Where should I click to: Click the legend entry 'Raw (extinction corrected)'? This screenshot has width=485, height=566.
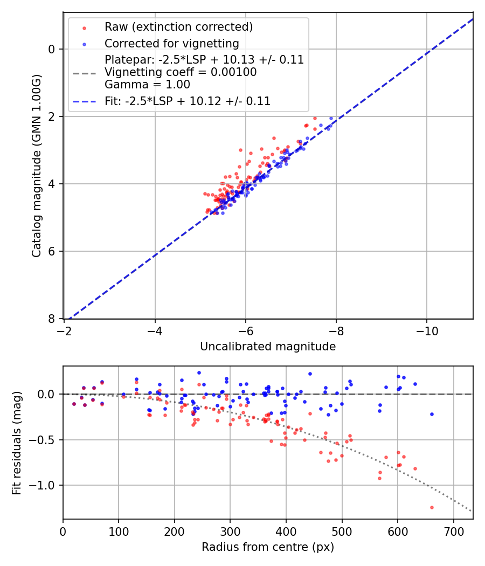pos(178,27)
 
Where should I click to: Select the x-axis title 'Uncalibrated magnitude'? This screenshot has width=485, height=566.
pos(268,347)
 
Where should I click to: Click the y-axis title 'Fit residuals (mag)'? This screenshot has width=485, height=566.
pos(17,443)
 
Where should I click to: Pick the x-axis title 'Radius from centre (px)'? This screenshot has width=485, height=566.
pos(268,547)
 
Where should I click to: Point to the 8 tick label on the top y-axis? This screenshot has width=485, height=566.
pos(52,319)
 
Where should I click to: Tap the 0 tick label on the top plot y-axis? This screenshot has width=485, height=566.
pos(52,49)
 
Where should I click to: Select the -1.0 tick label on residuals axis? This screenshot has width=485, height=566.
pos(45,486)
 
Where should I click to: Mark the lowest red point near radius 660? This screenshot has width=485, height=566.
pos(432,507)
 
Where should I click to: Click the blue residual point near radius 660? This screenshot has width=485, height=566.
pos(432,414)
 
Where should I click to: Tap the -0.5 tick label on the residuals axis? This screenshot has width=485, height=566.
pos(45,440)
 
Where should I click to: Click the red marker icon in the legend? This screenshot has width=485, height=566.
pos(84,27)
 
